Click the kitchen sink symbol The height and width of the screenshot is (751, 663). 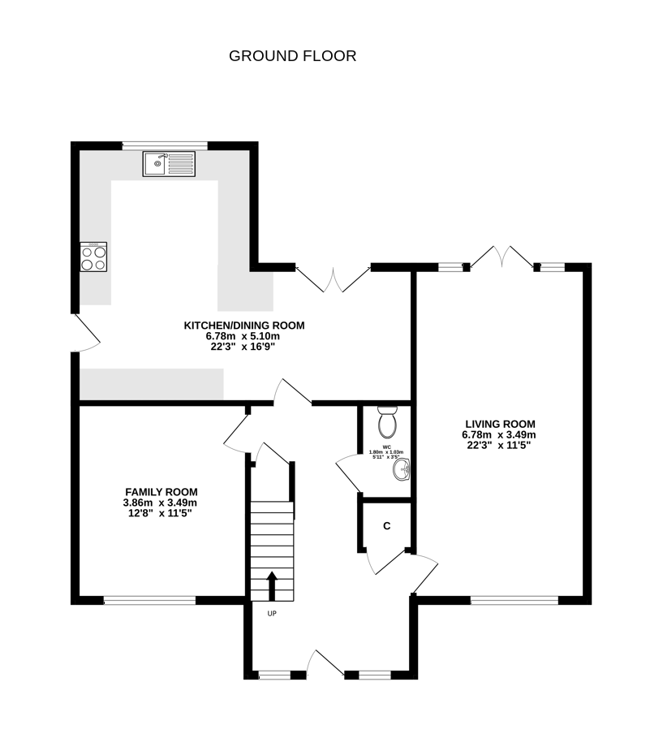(x=166, y=164)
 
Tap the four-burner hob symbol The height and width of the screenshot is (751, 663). (x=93, y=257)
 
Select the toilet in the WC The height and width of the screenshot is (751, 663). (x=387, y=422)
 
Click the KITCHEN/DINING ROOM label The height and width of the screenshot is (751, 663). (x=244, y=326)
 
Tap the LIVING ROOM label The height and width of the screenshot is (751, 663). (x=500, y=424)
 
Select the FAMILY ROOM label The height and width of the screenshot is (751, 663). (x=161, y=492)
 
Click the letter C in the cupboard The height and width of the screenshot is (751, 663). (x=387, y=526)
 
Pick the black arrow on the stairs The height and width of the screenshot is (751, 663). (x=272, y=585)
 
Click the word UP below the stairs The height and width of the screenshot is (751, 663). (x=272, y=614)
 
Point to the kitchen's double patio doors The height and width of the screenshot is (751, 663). (x=332, y=280)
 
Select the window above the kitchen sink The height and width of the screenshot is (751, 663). (x=165, y=145)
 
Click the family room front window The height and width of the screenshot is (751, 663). (x=149, y=601)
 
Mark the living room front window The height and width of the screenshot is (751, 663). (x=514, y=601)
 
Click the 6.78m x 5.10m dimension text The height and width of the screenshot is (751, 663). (x=243, y=336)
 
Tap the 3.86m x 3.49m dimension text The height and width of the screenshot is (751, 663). (x=160, y=503)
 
